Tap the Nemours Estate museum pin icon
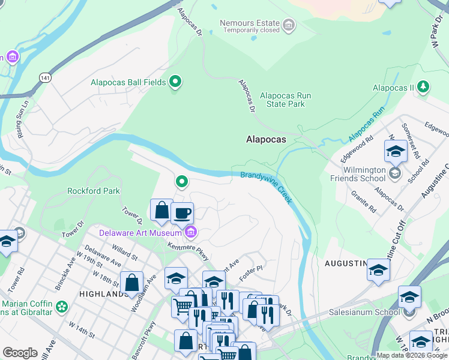click(289, 25)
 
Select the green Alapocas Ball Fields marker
click(175, 82)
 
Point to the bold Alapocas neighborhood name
click(266, 139)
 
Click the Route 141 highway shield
click(45, 78)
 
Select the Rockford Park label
click(94, 191)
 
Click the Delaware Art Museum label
click(140, 233)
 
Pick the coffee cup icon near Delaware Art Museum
click(182, 212)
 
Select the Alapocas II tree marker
click(423, 88)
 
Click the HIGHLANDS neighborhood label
click(100, 294)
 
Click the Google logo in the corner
click(20, 353)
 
